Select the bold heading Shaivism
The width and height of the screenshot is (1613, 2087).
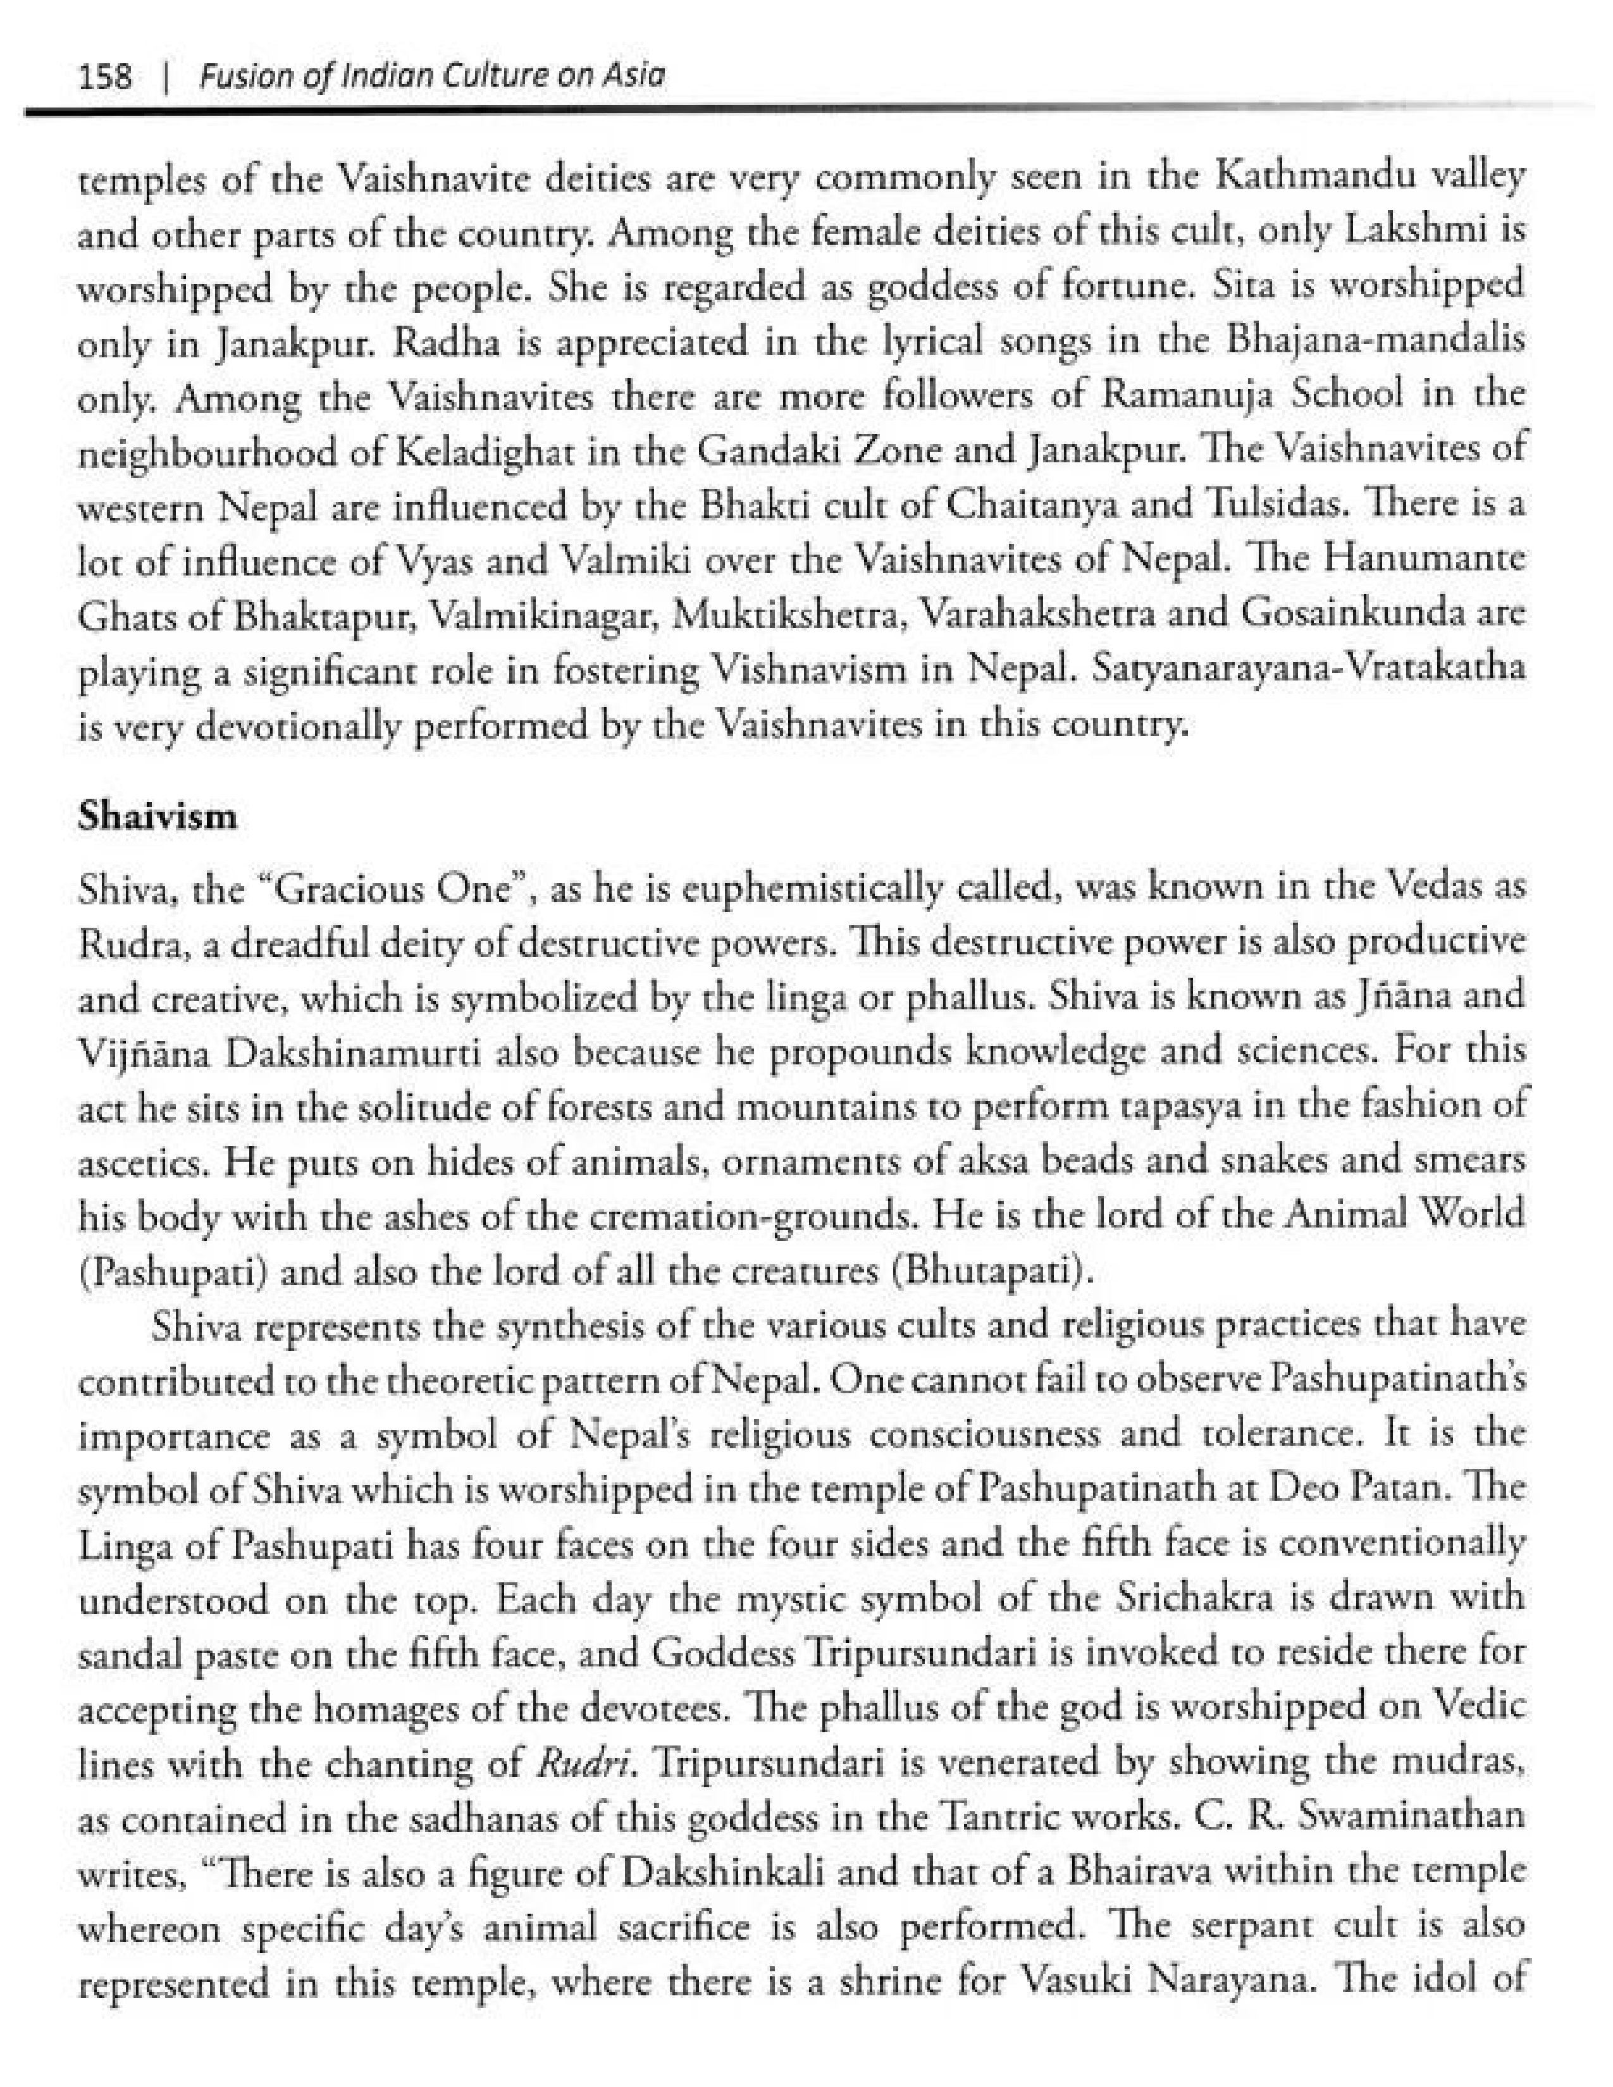[157, 817]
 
